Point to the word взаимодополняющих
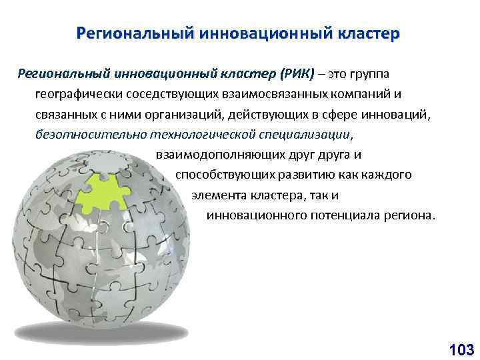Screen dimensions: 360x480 [x=213, y=155]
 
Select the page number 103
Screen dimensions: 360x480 [x=461, y=348]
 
